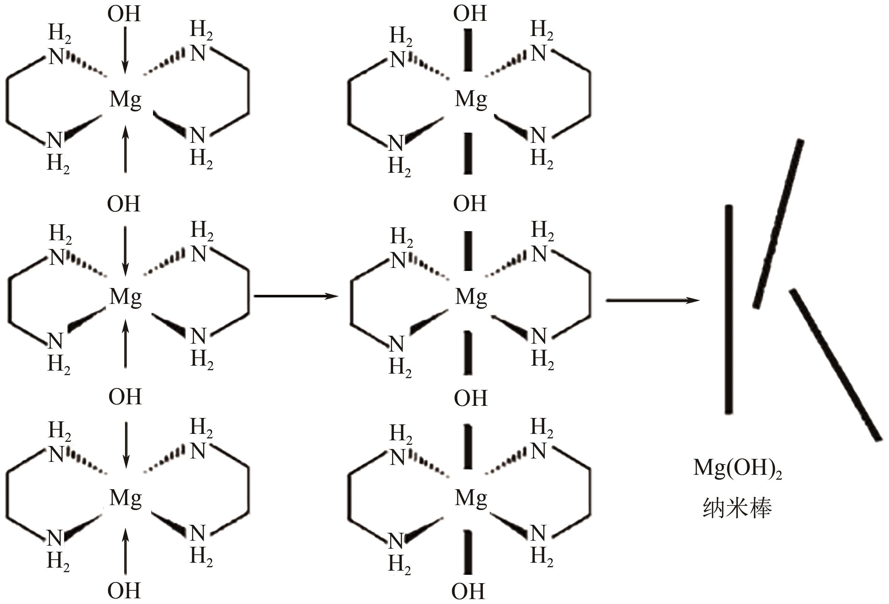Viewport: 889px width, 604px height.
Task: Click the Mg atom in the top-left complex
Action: [x=125, y=100]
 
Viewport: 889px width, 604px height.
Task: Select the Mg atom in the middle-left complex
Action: [x=125, y=297]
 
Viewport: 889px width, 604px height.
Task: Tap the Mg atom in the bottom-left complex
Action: [x=125, y=498]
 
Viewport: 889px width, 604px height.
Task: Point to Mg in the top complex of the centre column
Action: [x=471, y=100]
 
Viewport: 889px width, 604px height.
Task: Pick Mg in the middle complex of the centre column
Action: [x=471, y=297]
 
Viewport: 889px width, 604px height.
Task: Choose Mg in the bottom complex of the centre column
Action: [x=471, y=498]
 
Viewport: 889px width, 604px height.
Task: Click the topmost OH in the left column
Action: [x=124, y=14]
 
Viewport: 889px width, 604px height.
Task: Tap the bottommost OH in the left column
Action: [x=124, y=591]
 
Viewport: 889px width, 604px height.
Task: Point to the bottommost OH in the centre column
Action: [x=468, y=591]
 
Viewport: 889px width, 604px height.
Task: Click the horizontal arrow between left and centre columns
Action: [x=296, y=296]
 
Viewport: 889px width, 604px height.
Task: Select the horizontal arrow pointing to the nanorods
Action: [x=653, y=300]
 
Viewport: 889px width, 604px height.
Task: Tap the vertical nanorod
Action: [x=729, y=309]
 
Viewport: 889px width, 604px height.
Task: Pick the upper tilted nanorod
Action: [x=778, y=224]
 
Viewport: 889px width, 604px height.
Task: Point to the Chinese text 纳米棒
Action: [x=737, y=508]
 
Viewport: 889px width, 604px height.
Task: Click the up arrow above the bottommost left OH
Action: [x=125, y=552]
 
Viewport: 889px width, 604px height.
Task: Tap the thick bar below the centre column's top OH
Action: [x=468, y=50]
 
